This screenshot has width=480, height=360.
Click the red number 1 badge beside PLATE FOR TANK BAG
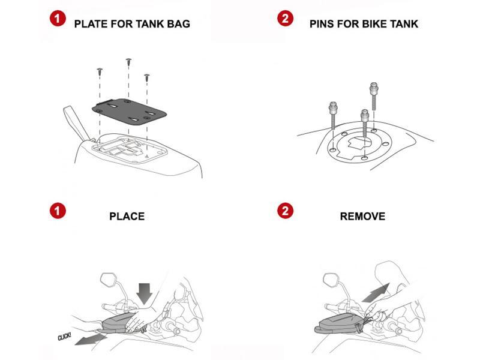pos(58,19)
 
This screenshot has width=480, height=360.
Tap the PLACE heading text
pos(127,216)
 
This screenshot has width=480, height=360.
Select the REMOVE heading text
pos(362,216)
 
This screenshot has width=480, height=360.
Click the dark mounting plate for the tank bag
pos(128,110)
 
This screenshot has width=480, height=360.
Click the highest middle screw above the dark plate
pos(128,62)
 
